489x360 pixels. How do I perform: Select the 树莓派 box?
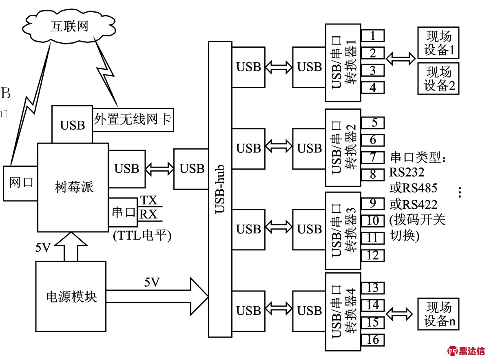click(x=73, y=187)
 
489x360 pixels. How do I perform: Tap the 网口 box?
click(x=20, y=183)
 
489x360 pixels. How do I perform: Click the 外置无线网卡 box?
click(x=133, y=120)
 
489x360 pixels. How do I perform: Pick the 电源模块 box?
click(x=71, y=296)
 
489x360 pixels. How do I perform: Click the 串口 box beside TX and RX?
click(x=123, y=212)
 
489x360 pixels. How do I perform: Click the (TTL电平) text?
click(x=141, y=235)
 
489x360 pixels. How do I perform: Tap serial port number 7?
click(x=373, y=157)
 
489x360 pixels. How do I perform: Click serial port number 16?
click(x=373, y=339)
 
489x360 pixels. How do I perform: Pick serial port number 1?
click(x=373, y=35)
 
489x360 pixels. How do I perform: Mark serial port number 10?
click(x=373, y=221)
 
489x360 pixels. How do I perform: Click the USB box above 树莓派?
click(x=72, y=124)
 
